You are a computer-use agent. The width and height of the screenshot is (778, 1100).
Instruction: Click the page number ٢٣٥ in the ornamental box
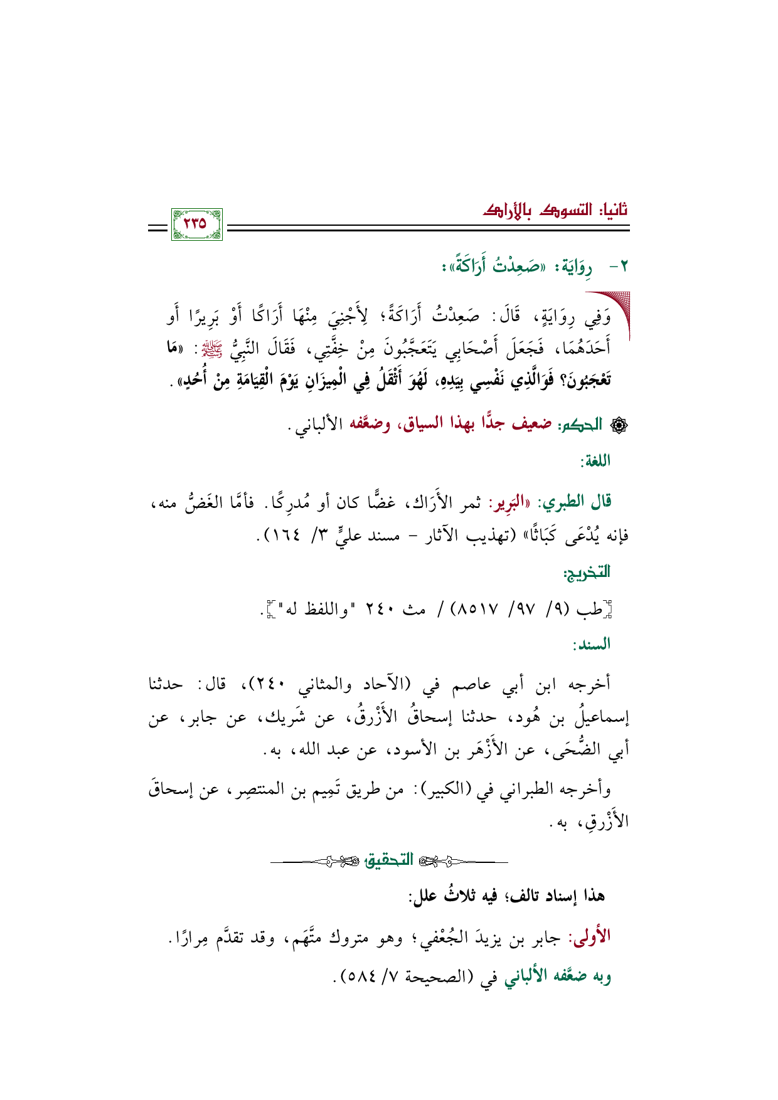196,224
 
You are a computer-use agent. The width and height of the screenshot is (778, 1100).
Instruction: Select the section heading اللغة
595,462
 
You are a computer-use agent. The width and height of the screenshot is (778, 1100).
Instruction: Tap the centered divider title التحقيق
389,859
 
